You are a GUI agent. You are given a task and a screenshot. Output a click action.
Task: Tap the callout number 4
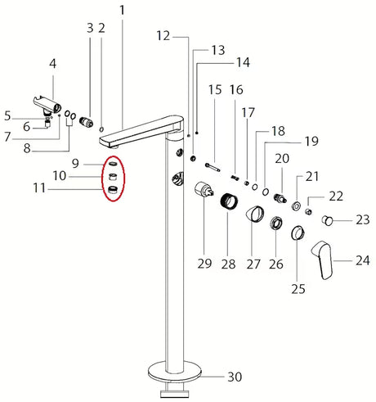[x=53, y=63]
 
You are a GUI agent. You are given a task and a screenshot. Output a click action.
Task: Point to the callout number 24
[x=362, y=261]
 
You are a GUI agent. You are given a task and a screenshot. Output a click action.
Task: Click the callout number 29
[x=204, y=264]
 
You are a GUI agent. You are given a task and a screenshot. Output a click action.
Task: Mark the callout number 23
[x=362, y=220]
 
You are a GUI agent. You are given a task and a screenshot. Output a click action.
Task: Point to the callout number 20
[x=282, y=158]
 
